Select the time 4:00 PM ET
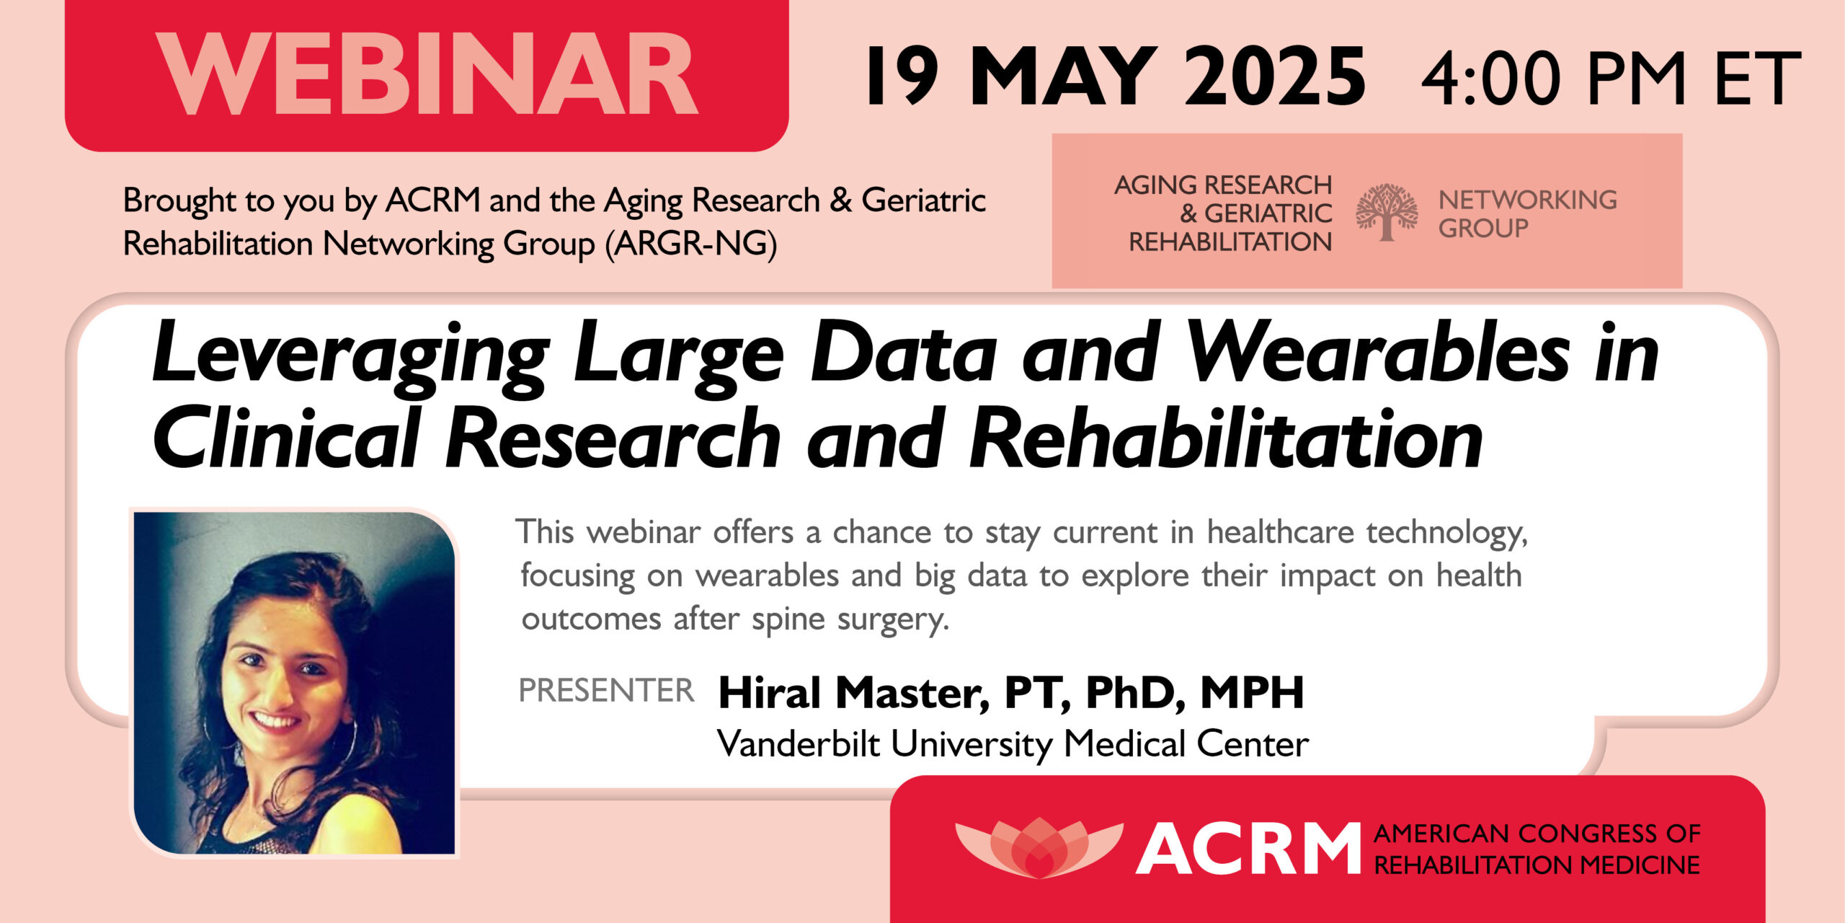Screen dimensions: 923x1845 1610,78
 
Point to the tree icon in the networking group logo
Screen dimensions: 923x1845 1386,212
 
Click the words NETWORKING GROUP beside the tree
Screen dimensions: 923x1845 1527,213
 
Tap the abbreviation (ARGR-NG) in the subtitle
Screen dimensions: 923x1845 691,244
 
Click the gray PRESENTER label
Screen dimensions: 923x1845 606,691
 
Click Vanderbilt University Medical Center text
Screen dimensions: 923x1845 1013,744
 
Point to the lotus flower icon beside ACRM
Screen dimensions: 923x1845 1039,847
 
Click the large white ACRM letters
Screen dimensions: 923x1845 1248,849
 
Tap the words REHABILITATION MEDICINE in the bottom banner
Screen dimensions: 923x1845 1537,865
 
